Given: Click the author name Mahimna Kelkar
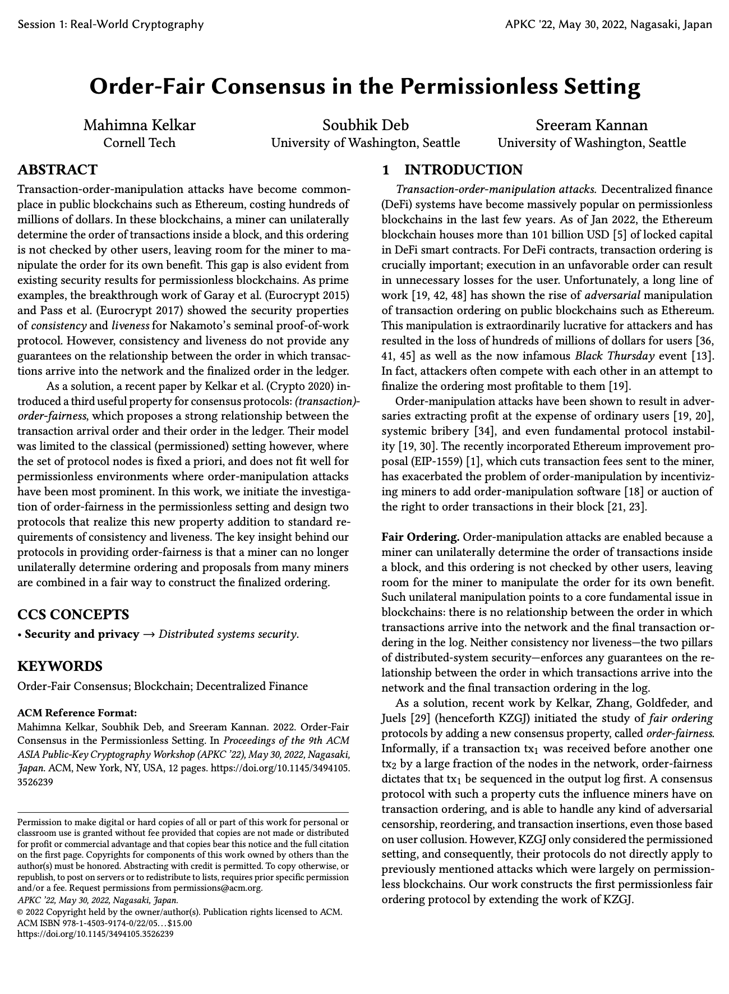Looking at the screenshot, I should pos(140,125).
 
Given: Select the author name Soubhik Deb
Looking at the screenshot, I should pos(365,125).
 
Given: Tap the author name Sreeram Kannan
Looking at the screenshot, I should pos(592,125).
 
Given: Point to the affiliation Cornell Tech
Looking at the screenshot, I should pos(140,143).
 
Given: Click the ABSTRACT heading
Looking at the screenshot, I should pos(58,170).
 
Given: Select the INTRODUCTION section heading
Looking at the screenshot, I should pos(463,170).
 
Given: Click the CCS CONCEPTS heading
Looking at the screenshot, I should pos(73,614).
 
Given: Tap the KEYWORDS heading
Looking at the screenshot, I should pos(60,666).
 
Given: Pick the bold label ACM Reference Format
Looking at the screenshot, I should pos(77,713).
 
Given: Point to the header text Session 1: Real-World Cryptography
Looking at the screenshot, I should pos(110,24).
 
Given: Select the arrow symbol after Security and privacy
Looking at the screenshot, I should pos(149,634).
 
